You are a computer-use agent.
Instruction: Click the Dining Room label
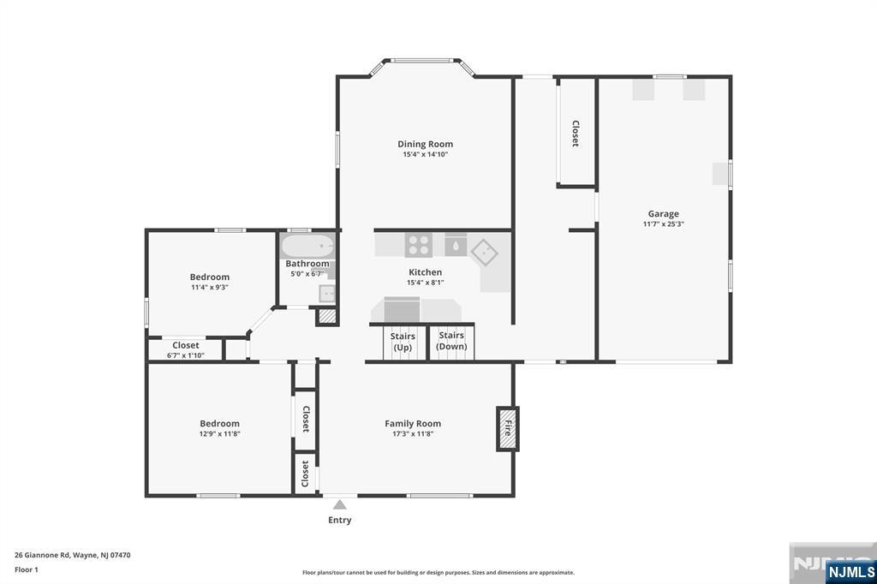425,144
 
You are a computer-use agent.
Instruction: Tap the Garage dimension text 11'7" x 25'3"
663,224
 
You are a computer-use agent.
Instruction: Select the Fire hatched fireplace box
506,428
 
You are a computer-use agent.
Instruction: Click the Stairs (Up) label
403,342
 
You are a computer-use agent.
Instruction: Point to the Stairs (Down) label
451,341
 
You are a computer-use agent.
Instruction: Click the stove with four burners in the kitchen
418,245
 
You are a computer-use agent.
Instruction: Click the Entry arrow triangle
340,504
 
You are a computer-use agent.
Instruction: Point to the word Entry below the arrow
340,520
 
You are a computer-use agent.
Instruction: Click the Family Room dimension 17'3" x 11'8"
412,434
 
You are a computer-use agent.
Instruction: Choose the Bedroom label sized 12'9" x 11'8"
219,423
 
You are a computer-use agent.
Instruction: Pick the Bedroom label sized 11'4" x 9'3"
209,277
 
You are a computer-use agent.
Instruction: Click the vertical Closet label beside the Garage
576,134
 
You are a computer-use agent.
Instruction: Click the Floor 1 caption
27,569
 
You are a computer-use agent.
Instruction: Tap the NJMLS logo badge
850,571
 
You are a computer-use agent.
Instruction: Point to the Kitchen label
425,272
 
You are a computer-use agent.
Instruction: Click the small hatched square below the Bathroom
326,316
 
